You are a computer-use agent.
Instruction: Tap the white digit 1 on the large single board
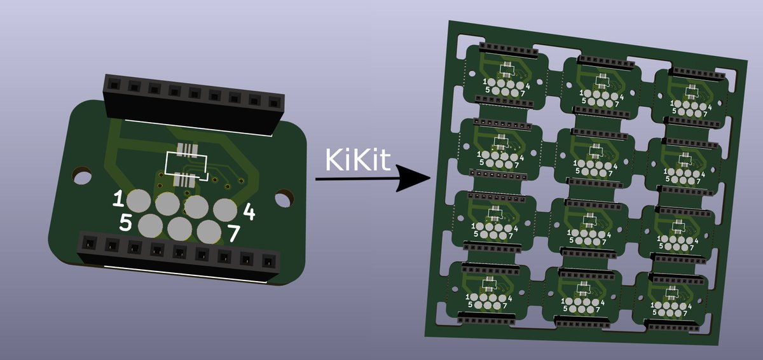click(x=118, y=198)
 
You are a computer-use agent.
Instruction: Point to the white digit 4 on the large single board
click(x=249, y=211)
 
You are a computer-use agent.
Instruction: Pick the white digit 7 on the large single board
click(x=233, y=233)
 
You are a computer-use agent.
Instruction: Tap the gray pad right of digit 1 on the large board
click(x=139, y=201)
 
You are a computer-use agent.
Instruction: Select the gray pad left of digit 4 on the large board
click(x=224, y=211)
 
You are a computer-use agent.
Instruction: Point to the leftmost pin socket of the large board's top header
click(x=114, y=84)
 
